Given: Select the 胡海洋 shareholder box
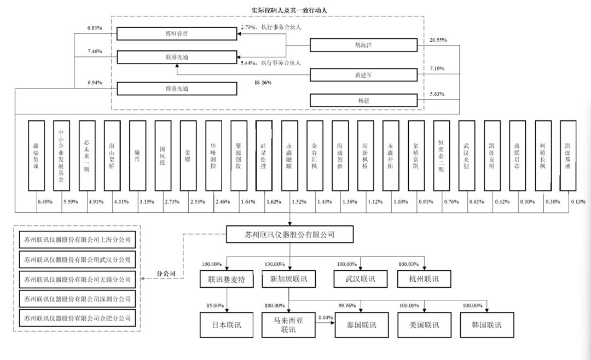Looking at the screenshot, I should pyautogui.click(x=364, y=45).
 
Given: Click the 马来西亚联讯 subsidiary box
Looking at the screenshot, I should pyautogui.click(x=289, y=324).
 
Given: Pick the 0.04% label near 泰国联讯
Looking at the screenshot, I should pyautogui.click(x=325, y=317).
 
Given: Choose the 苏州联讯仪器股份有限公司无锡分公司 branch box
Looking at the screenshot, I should pyautogui.click(x=78, y=279).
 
